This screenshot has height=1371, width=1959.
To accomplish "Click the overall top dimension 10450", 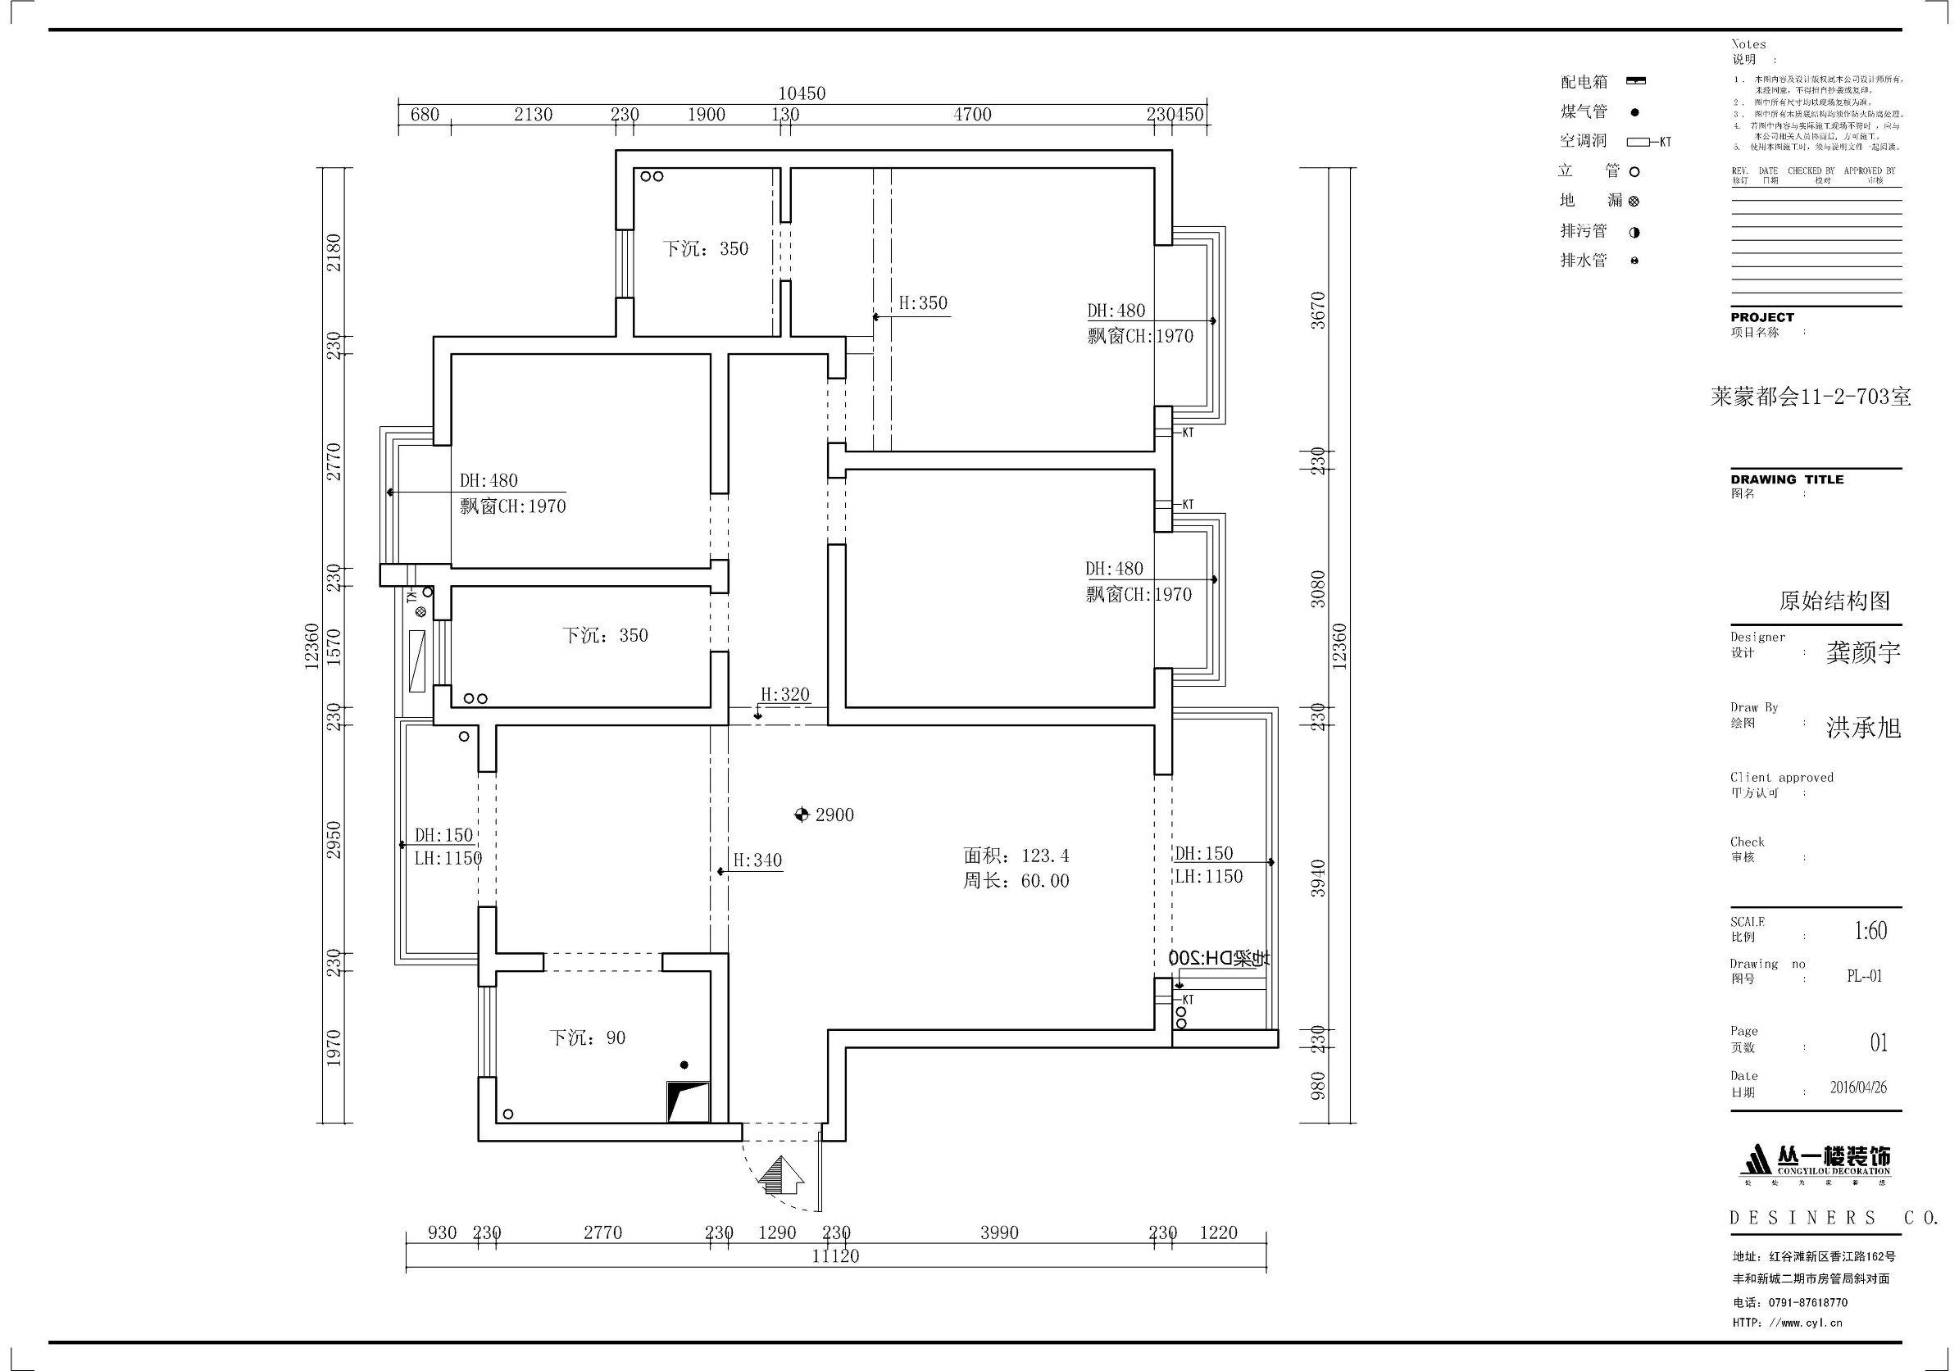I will (x=801, y=93).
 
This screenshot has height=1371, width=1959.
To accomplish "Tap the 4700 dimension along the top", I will (x=972, y=115).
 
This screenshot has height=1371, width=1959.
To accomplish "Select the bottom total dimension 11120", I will (x=835, y=1255).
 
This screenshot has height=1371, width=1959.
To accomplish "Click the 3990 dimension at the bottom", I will (x=999, y=1233).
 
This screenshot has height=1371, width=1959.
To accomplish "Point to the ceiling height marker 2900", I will (x=825, y=815).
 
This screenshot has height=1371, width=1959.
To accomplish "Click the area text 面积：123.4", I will (x=1016, y=856).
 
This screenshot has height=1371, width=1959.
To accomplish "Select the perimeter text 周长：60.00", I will (x=1016, y=881).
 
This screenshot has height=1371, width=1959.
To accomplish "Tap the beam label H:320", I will (x=784, y=694).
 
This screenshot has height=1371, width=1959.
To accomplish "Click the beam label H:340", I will (x=757, y=860).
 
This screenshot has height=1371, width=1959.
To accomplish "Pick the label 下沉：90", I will (x=587, y=1038).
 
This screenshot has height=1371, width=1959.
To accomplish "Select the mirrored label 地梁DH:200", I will (x=1218, y=958).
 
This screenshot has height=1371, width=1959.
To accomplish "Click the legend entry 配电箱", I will (x=1584, y=82).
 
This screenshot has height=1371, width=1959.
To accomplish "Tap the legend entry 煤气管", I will (x=1584, y=111).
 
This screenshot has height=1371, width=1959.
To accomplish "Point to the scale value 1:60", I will (x=1870, y=931).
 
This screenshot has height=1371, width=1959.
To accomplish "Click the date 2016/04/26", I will (x=1858, y=1087).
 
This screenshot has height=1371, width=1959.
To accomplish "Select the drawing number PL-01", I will (x=1864, y=976).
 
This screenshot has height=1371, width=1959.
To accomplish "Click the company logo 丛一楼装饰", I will (x=1815, y=1162).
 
